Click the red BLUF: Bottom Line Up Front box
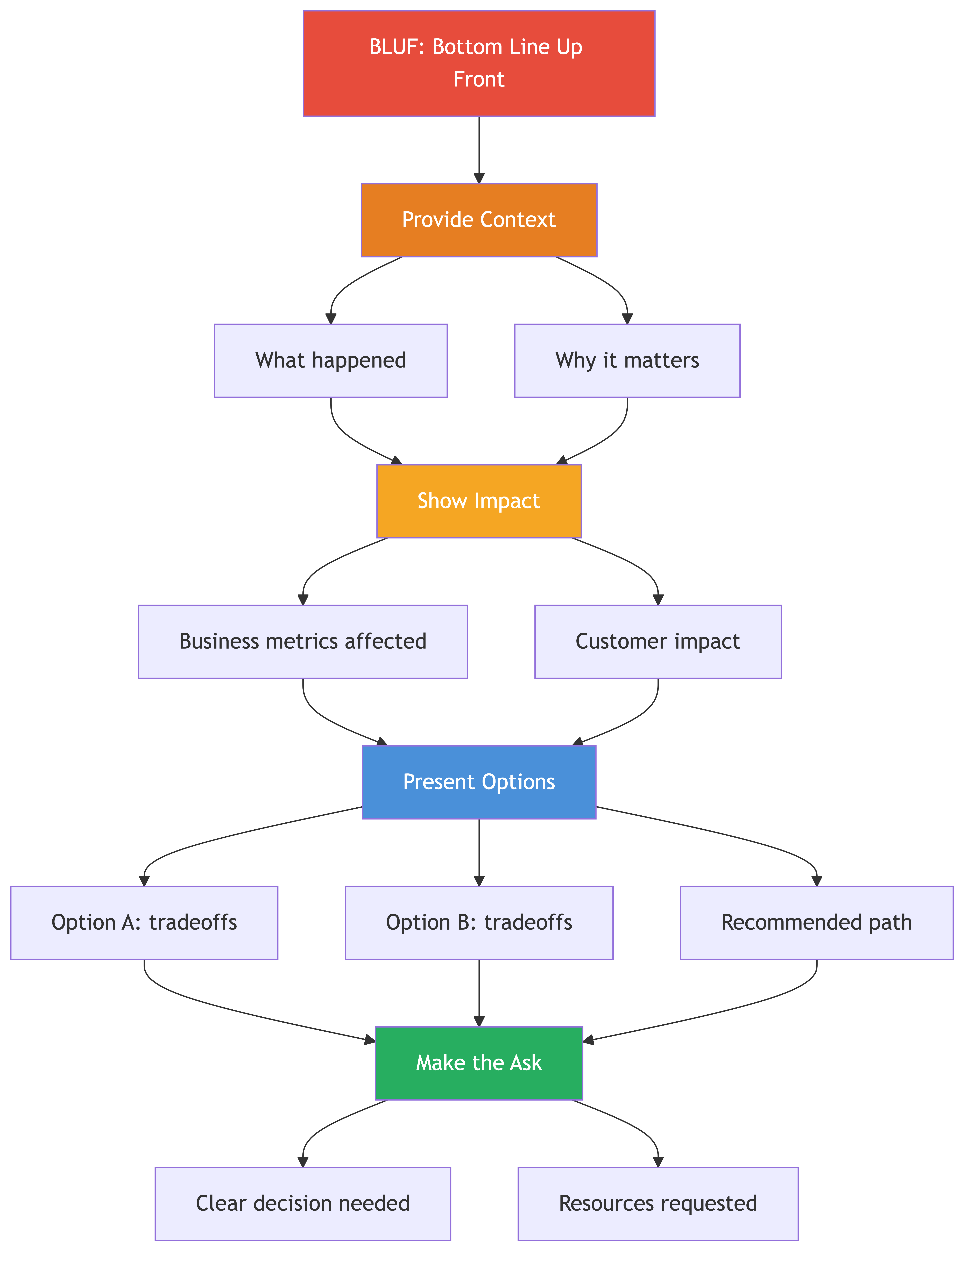[x=479, y=63]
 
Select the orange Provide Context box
[x=479, y=220]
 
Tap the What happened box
[x=331, y=361]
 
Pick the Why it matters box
[x=627, y=361]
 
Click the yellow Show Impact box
[x=479, y=501]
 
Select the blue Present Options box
[x=479, y=782]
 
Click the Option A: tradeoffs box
[x=144, y=923]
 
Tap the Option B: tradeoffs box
[x=479, y=923]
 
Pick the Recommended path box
[x=816, y=923]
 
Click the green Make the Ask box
[x=479, y=1063]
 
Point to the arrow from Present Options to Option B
[x=479, y=852]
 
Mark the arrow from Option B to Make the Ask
[x=479, y=993]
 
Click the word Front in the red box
[x=479, y=79]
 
